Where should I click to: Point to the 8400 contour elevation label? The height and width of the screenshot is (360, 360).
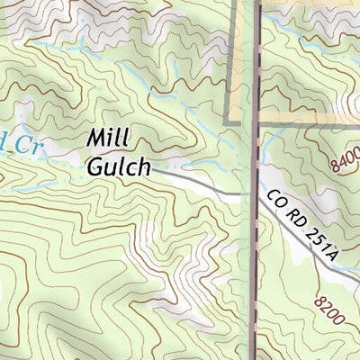click(x=344, y=158)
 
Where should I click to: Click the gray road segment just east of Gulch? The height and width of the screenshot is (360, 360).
click(x=193, y=180)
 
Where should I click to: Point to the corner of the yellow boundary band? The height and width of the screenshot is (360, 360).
click(x=229, y=121)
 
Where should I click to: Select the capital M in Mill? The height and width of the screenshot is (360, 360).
click(x=96, y=139)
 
